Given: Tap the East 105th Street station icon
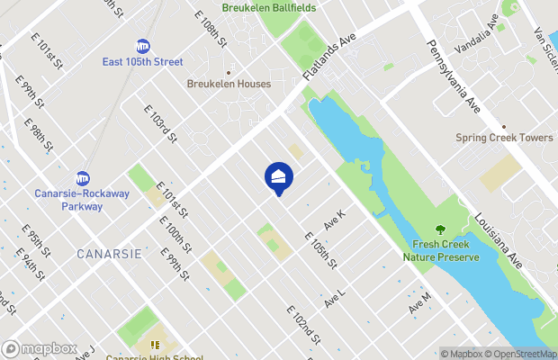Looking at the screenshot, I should tap(143, 46).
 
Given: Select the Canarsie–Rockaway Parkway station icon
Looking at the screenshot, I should tap(82, 177).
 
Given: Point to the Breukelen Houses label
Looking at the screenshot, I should tap(229, 84).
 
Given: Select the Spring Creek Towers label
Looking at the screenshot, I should tap(504, 138).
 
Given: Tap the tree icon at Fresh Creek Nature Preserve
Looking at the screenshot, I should tap(440, 230).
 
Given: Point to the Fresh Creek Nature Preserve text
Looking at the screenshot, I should tap(441, 250).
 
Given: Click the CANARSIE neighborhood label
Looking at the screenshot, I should tap(109, 254).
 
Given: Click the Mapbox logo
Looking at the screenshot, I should tap(40, 348).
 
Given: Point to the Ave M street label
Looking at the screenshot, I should tap(419, 302).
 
